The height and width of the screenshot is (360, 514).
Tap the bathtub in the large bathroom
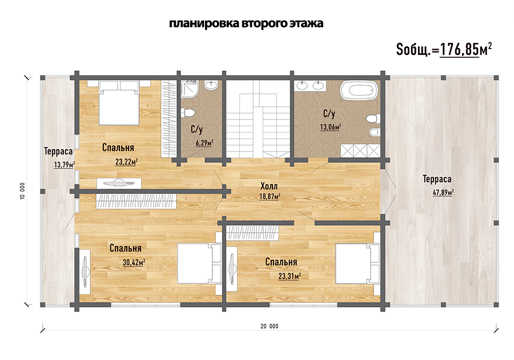pos(359,90)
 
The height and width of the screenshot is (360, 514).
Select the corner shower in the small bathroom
pos(189,89)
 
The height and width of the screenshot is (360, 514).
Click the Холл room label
pos(269,186)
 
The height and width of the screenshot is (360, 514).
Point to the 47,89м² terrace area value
pos(443,193)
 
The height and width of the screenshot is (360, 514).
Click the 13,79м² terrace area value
pos(64,164)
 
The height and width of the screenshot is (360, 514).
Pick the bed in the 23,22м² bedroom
pos(119,103)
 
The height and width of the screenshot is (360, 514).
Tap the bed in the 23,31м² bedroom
pos(358,263)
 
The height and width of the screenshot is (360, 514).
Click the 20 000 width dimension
pos(270,326)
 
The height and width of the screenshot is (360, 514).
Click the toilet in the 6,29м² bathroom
pos(188,113)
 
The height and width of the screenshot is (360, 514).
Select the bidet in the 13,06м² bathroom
pos(374,133)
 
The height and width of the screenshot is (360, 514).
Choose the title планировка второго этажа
pos(246,23)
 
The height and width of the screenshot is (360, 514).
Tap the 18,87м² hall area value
pos(270,197)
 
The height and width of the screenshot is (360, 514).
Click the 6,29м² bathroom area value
pos(204,143)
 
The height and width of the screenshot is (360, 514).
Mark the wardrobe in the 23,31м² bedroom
pos(253,233)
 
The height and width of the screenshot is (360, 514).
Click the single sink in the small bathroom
pos(211,85)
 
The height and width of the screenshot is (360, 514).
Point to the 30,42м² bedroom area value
pos(134,262)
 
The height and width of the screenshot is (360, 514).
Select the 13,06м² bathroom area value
pos(331,127)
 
